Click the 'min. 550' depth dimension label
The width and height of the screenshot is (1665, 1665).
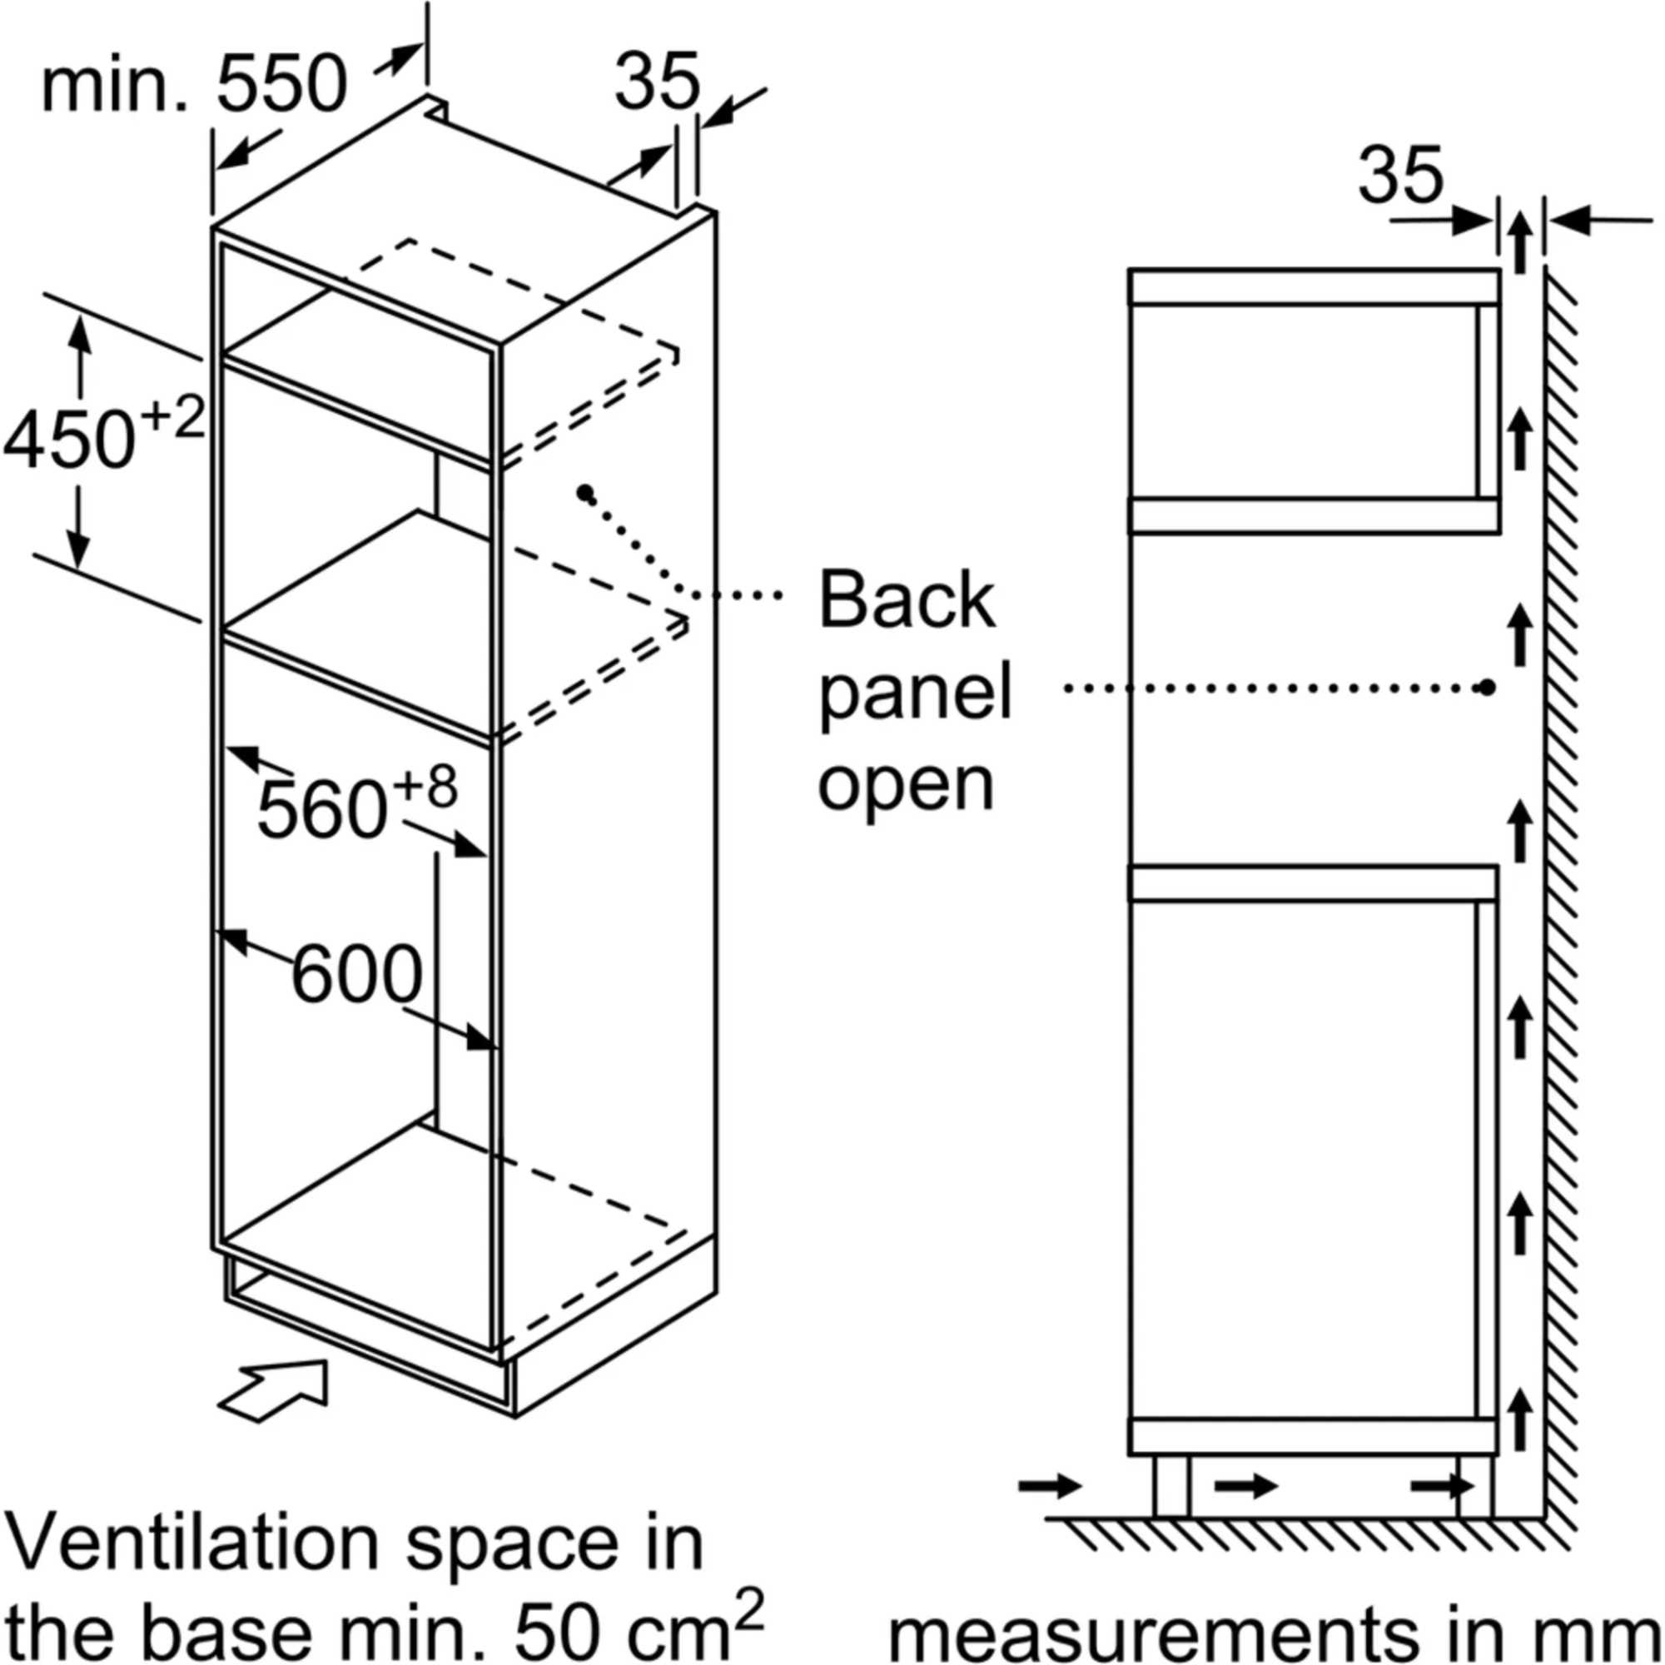pyautogui.click(x=194, y=87)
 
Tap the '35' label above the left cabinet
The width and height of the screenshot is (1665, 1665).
pyautogui.click(x=657, y=82)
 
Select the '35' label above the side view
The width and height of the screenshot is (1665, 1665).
pyautogui.click(x=1399, y=175)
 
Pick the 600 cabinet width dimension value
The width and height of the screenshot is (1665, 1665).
pyautogui.click(x=357, y=975)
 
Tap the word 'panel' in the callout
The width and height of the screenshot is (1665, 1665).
pyautogui.click(x=914, y=694)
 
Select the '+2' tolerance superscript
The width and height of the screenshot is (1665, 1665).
pyautogui.click(x=171, y=417)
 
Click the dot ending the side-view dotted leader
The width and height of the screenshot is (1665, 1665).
pyautogui.click(x=1486, y=687)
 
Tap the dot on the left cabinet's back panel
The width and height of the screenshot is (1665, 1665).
pyautogui.click(x=586, y=493)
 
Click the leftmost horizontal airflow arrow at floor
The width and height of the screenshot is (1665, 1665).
pyautogui.click(x=1050, y=1485)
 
